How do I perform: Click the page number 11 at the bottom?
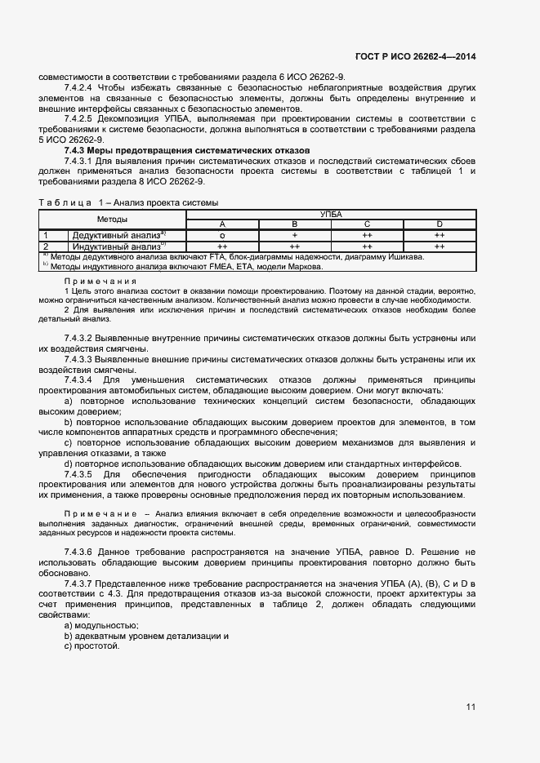click(471, 707)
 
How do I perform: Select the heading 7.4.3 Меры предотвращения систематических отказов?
click(187, 150)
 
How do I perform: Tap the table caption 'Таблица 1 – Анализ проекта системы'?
click(128, 202)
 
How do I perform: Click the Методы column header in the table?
click(113, 219)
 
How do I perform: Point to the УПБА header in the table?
click(331, 214)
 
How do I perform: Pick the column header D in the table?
click(440, 224)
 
